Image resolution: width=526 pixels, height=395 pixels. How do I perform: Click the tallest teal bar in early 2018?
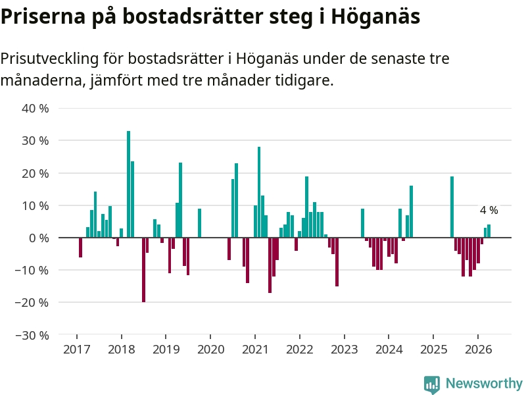click(x=128, y=184)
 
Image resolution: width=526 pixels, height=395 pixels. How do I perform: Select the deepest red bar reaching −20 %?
click(x=143, y=270)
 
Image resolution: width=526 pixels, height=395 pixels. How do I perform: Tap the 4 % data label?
click(x=489, y=210)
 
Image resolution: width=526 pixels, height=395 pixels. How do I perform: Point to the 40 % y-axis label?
click(x=36, y=109)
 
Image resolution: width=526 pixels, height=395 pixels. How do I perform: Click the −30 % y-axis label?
click(x=32, y=335)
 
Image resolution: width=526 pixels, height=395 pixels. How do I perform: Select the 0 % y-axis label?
click(x=39, y=238)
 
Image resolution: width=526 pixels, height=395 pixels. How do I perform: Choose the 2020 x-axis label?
click(x=210, y=350)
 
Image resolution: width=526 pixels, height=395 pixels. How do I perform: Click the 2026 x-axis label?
click(x=479, y=350)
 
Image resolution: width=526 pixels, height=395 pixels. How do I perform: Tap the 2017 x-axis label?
click(x=77, y=350)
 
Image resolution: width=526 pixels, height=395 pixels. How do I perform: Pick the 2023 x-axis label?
click(x=345, y=350)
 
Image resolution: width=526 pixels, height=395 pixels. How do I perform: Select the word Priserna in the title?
click(x=43, y=16)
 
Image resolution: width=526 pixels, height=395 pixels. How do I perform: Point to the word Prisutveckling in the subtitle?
click(x=50, y=59)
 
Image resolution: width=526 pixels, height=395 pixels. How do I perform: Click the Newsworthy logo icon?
click(x=432, y=384)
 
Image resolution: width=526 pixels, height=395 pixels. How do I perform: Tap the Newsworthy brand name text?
click(x=484, y=383)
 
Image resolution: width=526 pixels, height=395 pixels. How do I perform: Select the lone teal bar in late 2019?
click(x=200, y=223)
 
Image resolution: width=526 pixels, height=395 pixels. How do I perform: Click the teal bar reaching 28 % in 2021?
click(x=259, y=192)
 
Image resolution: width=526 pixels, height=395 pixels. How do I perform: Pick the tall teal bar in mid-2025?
click(x=452, y=207)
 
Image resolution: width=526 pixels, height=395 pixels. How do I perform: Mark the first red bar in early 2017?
click(x=80, y=248)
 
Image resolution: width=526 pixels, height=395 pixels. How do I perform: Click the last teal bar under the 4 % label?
click(x=489, y=231)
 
